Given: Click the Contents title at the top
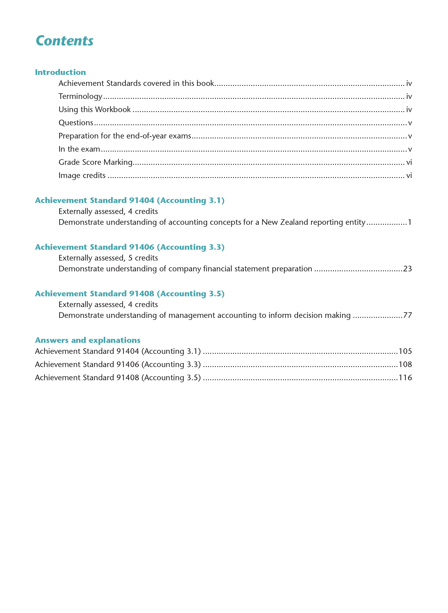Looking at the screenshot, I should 64,41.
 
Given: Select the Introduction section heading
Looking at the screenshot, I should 60,72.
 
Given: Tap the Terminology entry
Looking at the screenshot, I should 80,96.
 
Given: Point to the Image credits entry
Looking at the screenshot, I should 82,175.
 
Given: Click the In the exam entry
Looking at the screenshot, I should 79,149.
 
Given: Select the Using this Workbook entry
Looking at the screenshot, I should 94,110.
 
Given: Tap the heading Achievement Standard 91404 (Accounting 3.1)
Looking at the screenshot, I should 130,200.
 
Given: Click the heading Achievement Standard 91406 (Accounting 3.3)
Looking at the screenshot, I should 130,247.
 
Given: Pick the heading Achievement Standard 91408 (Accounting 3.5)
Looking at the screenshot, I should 130,294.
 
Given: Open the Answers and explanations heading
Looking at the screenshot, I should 87,340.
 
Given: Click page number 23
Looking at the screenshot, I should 407,269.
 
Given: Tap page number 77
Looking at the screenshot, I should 407,315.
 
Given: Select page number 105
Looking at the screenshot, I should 405,351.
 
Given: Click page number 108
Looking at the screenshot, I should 405,364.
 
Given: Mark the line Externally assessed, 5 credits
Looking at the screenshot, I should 108,258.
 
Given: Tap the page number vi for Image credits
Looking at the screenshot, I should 409,175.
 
